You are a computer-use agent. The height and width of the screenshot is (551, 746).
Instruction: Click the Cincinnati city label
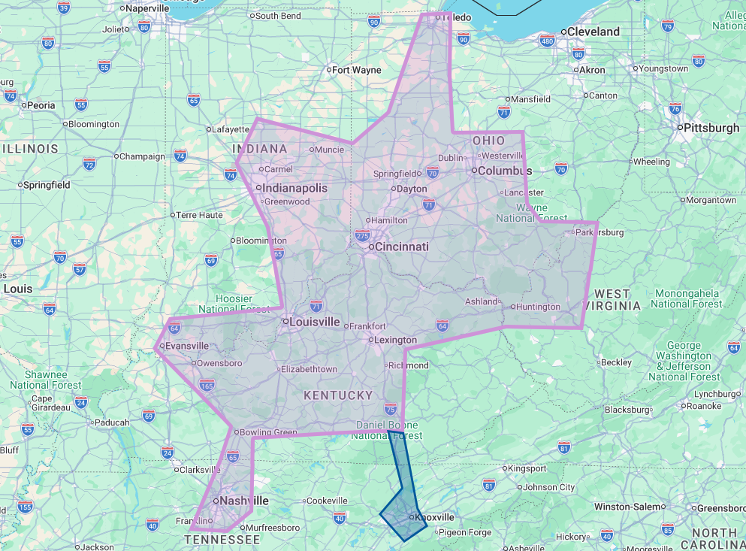pyautogui.click(x=401, y=247)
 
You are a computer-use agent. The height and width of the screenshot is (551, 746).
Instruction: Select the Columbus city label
pyautogui.click(x=504, y=171)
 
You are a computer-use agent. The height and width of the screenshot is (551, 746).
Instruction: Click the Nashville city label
pyautogui.click(x=243, y=501)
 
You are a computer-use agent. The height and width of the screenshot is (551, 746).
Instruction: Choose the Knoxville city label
pyautogui.click(x=436, y=517)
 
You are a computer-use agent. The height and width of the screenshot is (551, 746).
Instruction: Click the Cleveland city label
pyautogui.click(x=593, y=32)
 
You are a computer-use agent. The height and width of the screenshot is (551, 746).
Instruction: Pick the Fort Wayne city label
pyautogui.click(x=356, y=70)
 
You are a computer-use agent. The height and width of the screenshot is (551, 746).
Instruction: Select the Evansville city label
pyautogui.click(x=186, y=346)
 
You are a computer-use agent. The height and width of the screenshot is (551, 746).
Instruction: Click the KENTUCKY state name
pyautogui.click(x=338, y=395)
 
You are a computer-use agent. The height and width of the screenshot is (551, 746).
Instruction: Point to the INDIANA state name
pyautogui.click(x=261, y=149)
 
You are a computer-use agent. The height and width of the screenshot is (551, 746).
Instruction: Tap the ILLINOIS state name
pyautogui.click(x=31, y=149)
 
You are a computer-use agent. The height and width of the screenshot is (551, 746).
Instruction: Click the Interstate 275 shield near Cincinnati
pyautogui.click(x=362, y=236)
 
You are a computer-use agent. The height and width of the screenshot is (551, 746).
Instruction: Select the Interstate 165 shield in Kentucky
pyautogui.click(x=208, y=386)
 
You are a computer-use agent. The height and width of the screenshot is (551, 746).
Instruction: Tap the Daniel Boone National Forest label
pyautogui.click(x=387, y=430)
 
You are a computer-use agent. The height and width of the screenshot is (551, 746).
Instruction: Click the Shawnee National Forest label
pyautogui.click(x=45, y=380)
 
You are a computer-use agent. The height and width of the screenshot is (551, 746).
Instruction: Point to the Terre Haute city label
pyautogui.click(x=200, y=215)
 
